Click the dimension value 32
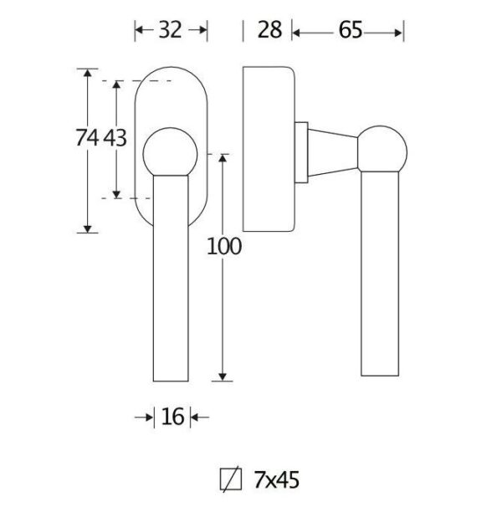[x=170, y=30]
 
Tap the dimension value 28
[x=269, y=30]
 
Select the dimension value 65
[x=351, y=30]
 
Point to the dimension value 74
[x=87, y=137]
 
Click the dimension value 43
[x=115, y=138]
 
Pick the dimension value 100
[x=224, y=246]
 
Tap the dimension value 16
[x=172, y=417]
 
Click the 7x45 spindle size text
[x=277, y=479]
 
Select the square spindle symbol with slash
[x=231, y=479]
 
